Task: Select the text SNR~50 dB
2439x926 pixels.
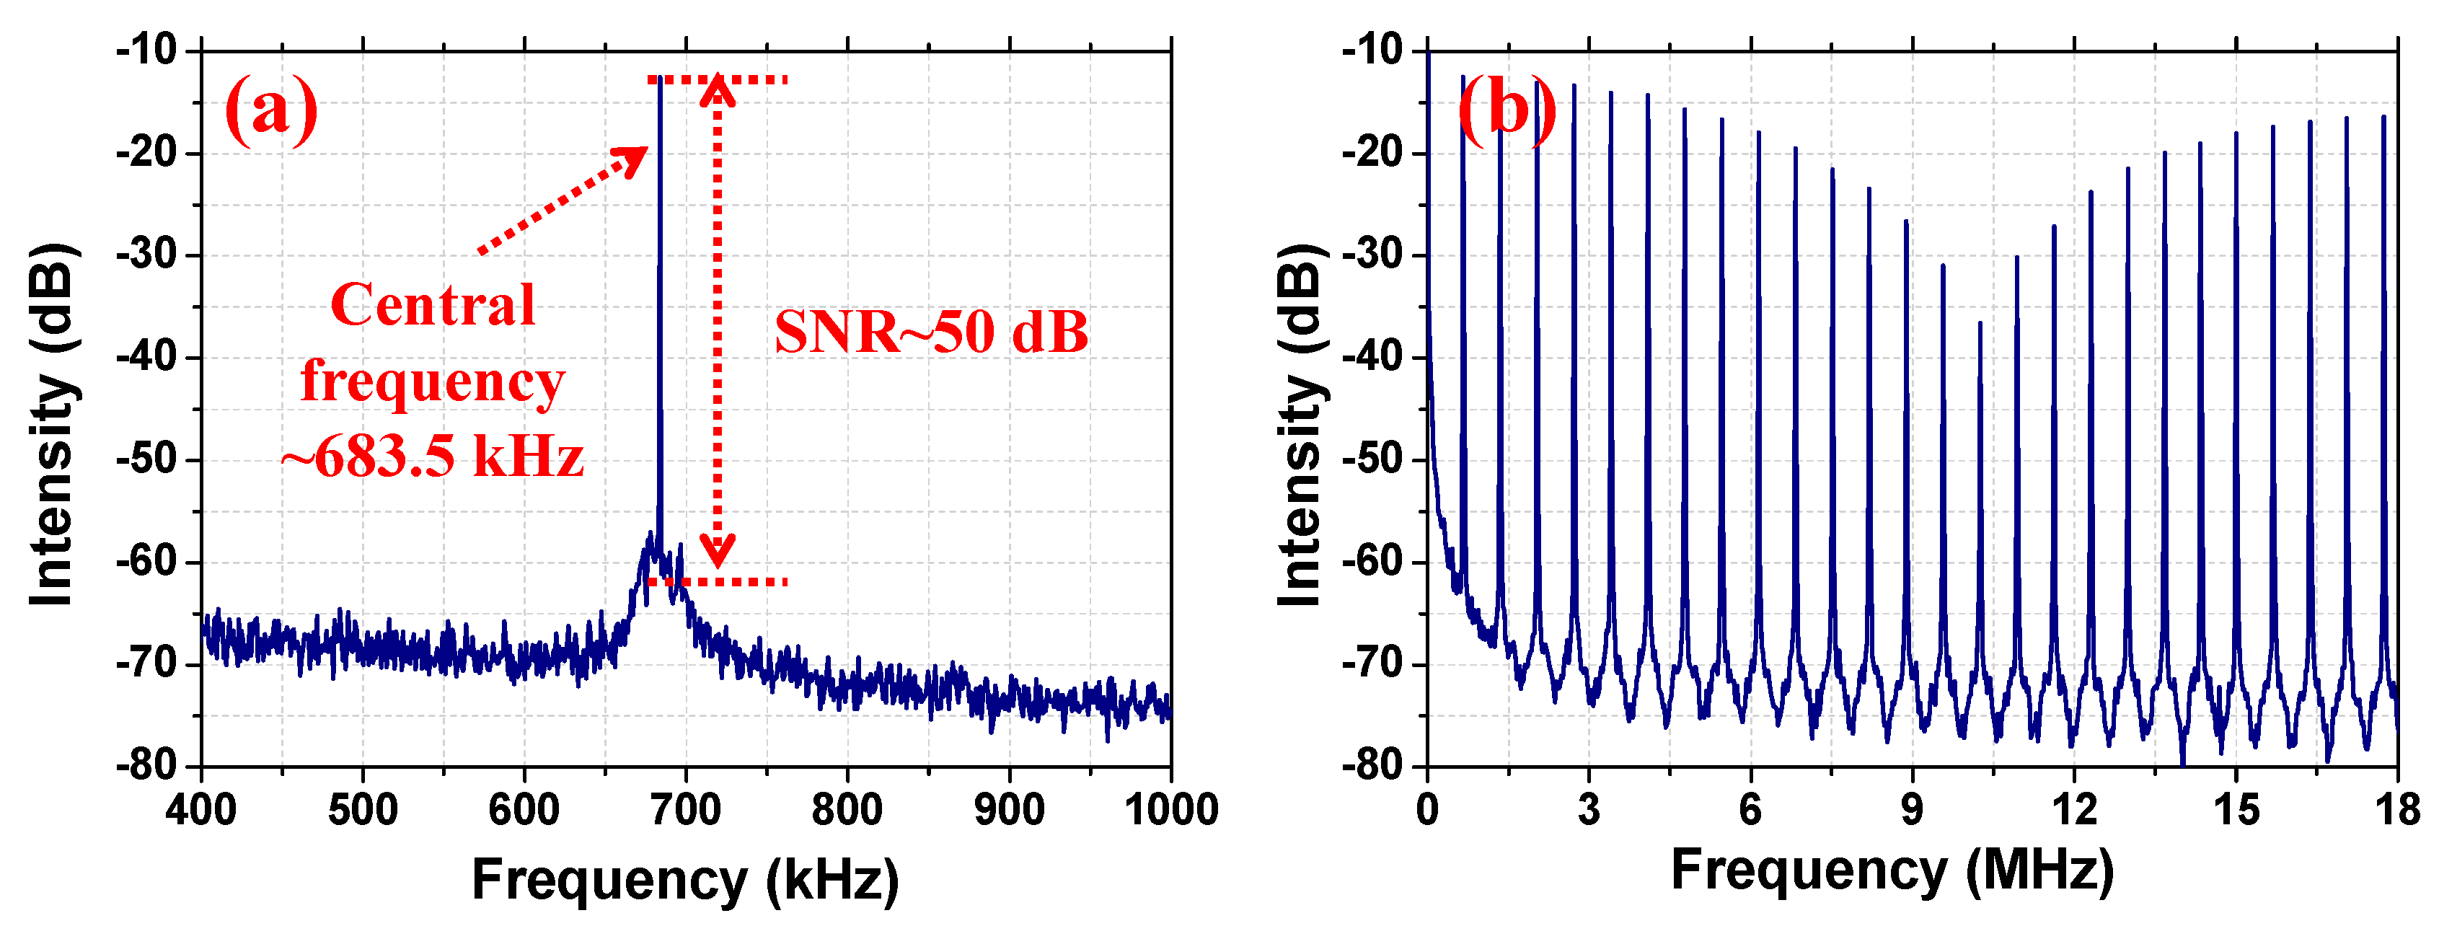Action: tap(931, 332)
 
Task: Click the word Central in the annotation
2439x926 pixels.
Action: tap(433, 305)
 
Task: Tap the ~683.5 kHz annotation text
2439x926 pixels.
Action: tap(433, 457)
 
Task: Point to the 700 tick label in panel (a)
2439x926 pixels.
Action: tap(686, 811)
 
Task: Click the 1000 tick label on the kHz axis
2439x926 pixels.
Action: tap(1170, 811)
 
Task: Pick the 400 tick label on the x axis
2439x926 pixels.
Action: tap(200, 811)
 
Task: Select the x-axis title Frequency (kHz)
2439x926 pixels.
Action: tap(686, 880)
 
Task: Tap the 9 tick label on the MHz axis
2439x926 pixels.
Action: tap(1913, 811)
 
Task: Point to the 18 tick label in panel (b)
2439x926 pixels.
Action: tap(2396, 811)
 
